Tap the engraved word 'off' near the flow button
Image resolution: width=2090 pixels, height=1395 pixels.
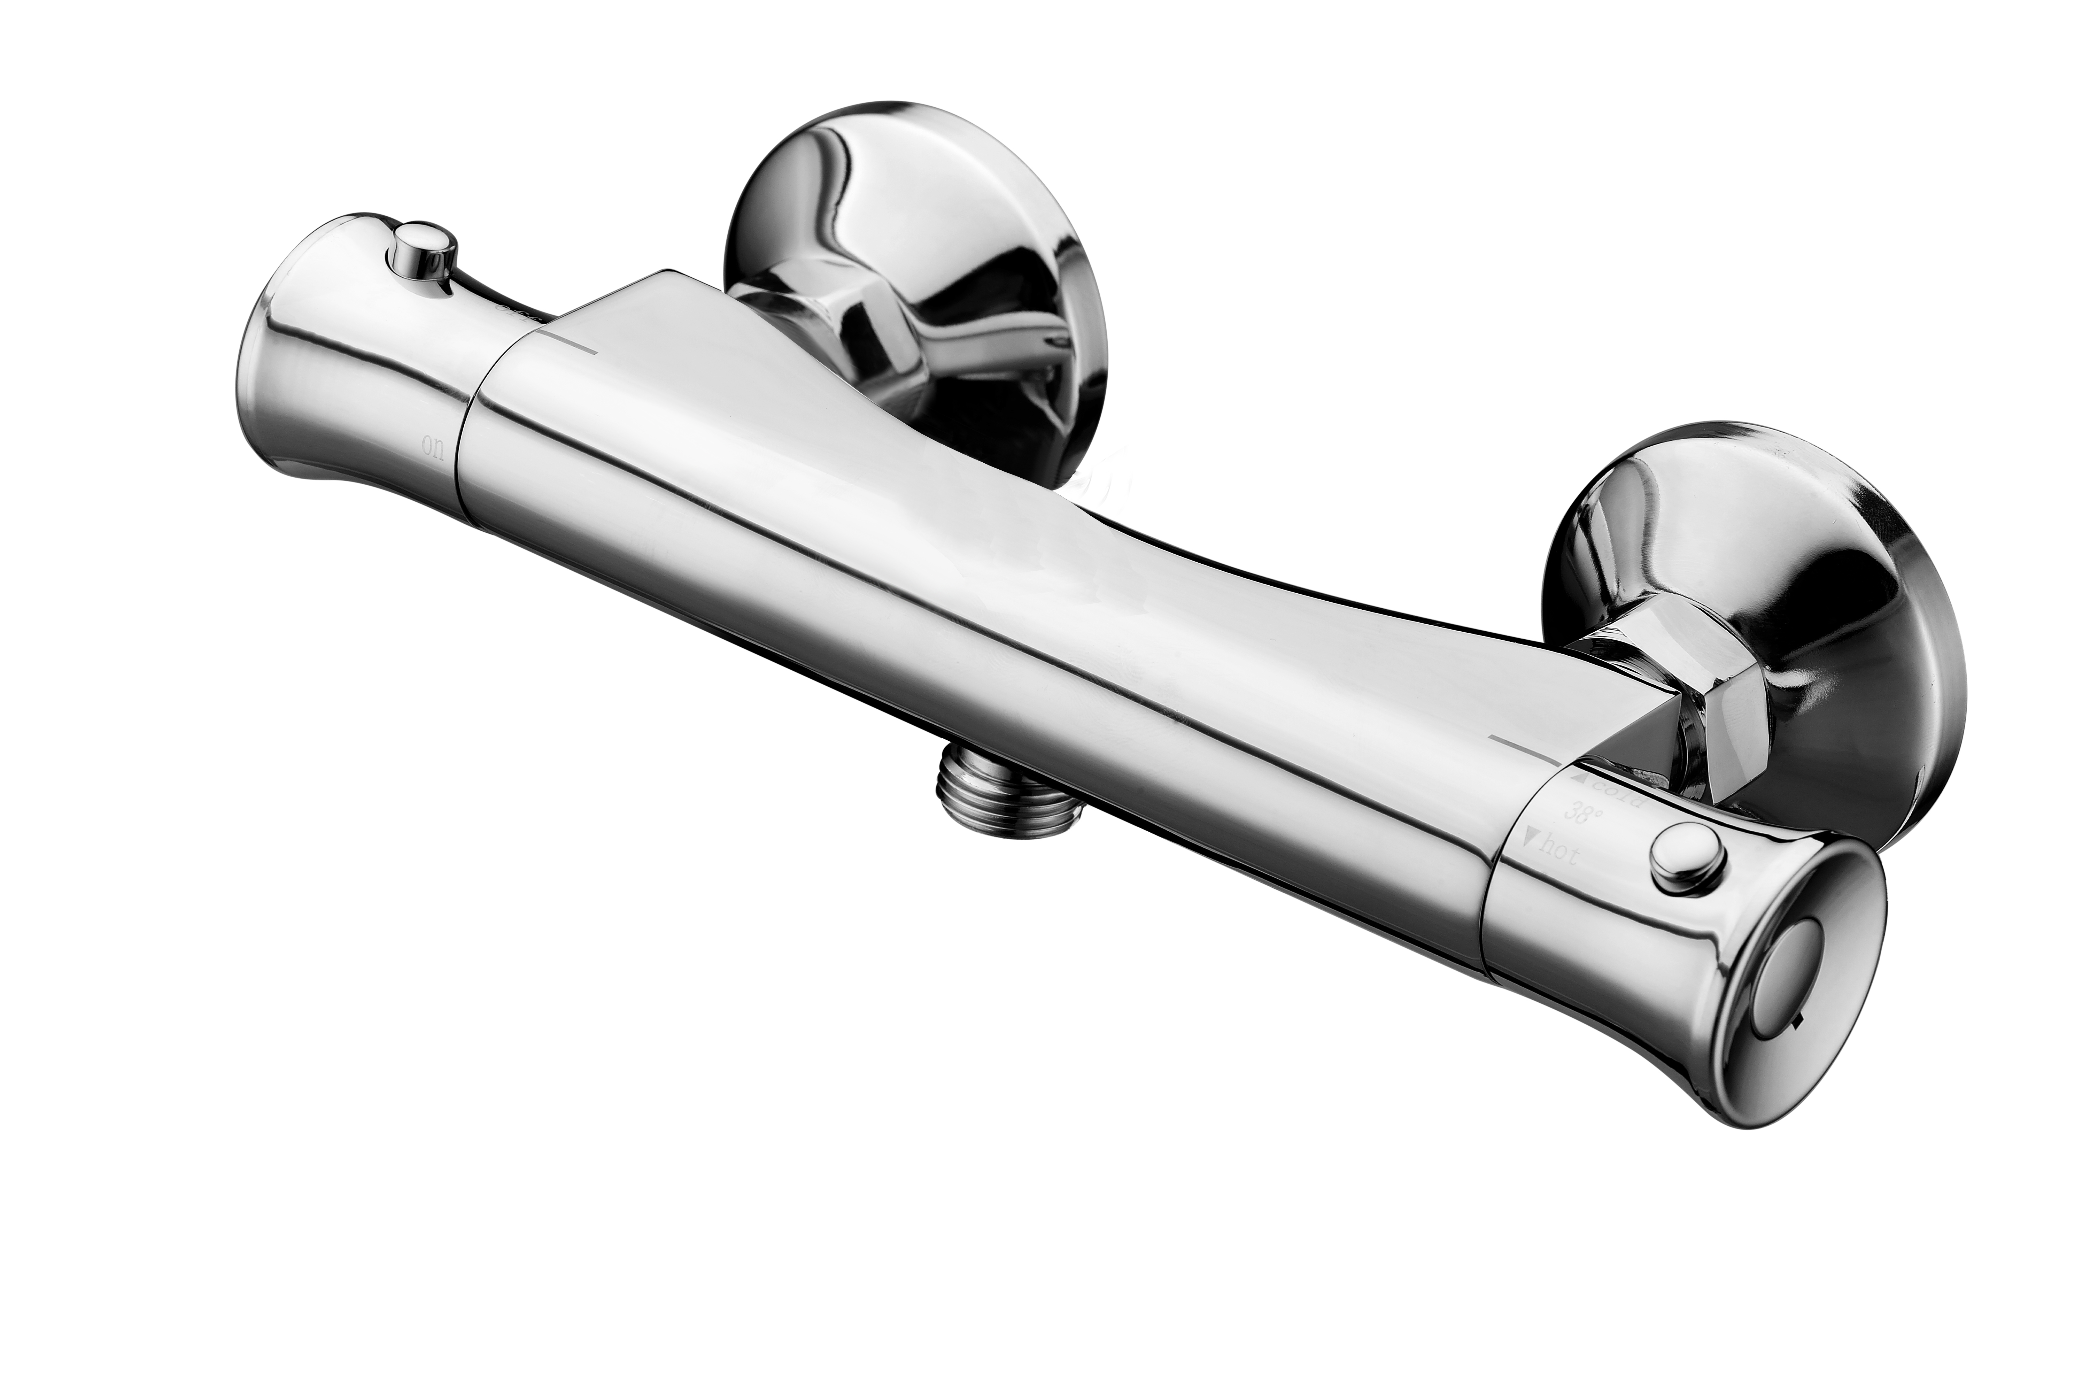[516, 311]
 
